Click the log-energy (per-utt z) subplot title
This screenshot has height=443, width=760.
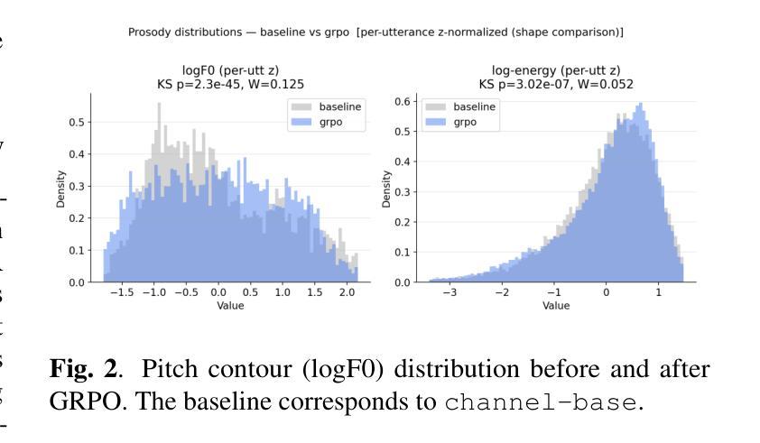coord(555,71)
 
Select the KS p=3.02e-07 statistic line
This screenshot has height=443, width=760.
coord(555,84)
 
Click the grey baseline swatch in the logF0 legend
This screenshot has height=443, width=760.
coord(301,106)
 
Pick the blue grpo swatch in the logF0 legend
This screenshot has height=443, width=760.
coord(301,123)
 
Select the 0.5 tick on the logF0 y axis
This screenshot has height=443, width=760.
coord(79,122)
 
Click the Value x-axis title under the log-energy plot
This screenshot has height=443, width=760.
coord(555,306)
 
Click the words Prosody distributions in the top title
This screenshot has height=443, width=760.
coord(180,32)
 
